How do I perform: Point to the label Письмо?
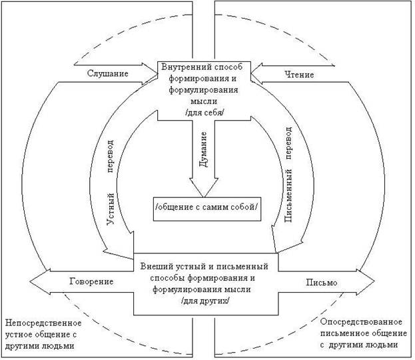[x=322, y=282]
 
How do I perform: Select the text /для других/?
[x=205, y=301]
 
